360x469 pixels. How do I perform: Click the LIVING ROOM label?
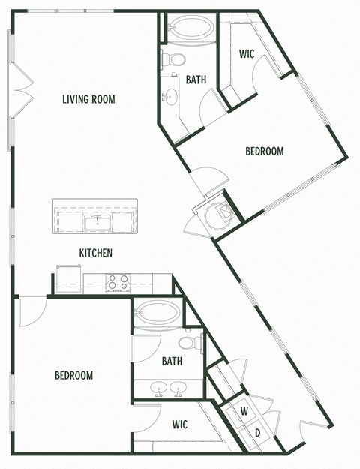[88, 99]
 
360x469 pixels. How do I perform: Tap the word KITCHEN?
[96, 253]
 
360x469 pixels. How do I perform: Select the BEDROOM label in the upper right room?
[265, 151]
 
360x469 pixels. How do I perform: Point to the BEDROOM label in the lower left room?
[73, 375]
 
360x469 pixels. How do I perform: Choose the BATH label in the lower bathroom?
[172, 361]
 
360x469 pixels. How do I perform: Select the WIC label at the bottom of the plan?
[179, 425]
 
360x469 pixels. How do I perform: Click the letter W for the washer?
[244, 411]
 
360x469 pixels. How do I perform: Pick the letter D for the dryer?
[257, 433]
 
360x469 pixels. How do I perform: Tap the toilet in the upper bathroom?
[173, 59]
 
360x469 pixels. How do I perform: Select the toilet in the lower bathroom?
[195, 343]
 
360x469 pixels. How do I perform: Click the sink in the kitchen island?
[95, 221]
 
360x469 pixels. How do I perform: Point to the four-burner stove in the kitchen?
[118, 282]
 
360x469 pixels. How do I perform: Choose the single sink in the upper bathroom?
[169, 95]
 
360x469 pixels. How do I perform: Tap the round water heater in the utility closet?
[222, 212]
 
